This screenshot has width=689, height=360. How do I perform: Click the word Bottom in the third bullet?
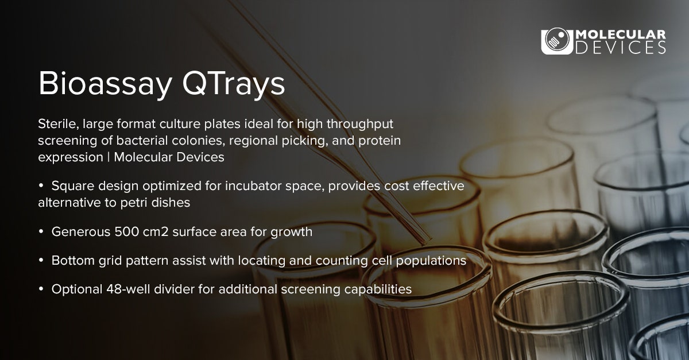[71, 260]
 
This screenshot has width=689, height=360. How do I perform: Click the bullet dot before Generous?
[41, 232]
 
